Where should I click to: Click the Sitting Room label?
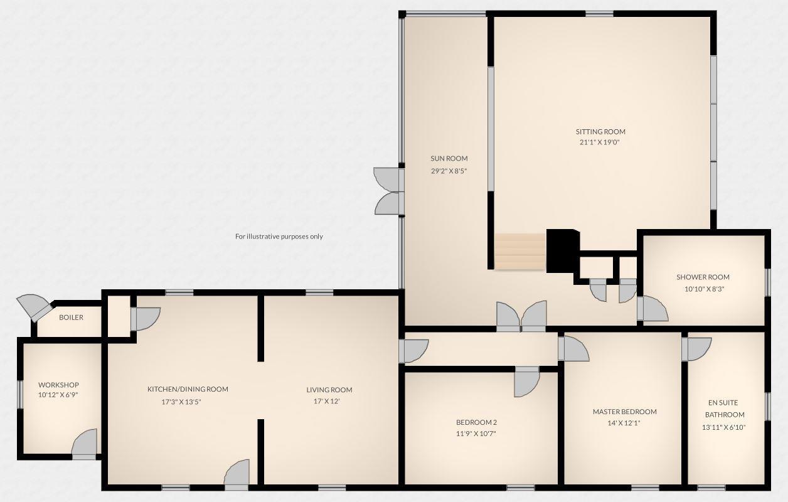[600, 132]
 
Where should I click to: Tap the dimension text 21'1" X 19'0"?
[600, 142]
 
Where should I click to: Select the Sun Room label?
[449, 159]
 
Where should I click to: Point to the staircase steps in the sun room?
[520, 252]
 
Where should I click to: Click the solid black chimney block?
[562, 250]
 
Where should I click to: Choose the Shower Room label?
[703, 277]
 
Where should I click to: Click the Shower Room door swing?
[653, 309]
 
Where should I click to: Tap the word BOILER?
[71, 318]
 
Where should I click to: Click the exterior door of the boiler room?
[35, 307]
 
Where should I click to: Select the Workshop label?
[58, 385]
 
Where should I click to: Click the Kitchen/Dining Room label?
[188, 389]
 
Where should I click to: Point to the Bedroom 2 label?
[476, 422]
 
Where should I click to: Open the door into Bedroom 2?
[526, 382]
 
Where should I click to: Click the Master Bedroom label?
[624, 412]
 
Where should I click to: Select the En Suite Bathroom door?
[697, 349]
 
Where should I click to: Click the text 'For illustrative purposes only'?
[279, 237]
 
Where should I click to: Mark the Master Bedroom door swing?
[574, 349]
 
